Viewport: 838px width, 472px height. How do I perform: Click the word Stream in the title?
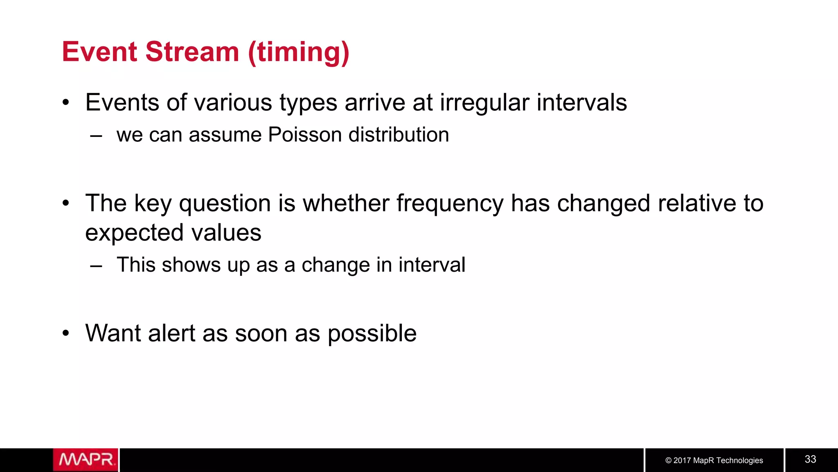click(192, 52)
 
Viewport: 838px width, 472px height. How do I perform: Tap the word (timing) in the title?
click(299, 53)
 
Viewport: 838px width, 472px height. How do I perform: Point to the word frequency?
click(450, 204)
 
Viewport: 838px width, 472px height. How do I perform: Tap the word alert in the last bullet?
click(171, 333)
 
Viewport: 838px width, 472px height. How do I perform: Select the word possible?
click(372, 334)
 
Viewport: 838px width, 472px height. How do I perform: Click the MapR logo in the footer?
click(86, 460)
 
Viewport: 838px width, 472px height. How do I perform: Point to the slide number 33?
click(810, 459)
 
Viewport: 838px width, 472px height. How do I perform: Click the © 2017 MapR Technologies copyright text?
click(714, 461)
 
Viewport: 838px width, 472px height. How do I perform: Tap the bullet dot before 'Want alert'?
click(66, 333)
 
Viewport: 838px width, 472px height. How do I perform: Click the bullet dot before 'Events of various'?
click(66, 102)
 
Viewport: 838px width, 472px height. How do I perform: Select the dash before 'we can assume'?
click(96, 136)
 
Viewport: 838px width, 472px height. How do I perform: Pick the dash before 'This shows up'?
click(96, 265)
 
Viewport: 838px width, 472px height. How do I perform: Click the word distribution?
click(399, 135)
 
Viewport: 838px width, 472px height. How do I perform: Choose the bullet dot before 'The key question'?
click(66, 203)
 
